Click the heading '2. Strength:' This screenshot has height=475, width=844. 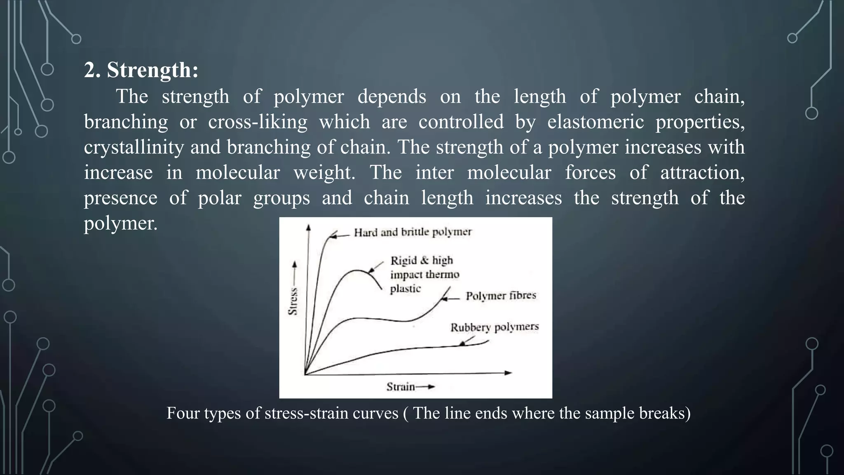[141, 70]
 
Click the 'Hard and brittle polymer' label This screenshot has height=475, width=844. [413, 232]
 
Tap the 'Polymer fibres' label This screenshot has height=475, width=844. [501, 296]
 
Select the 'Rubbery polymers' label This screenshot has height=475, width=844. [494, 327]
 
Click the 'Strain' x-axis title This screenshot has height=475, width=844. [401, 387]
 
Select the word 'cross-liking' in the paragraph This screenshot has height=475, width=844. [258, 122]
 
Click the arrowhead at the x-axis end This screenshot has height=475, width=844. [509, 373]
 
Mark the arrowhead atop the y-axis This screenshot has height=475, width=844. [308, 227]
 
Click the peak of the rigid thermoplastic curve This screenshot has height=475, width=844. [358, 270]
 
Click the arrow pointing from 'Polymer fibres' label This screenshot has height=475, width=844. [450, 299]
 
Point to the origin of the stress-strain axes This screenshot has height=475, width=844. [305, 374]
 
